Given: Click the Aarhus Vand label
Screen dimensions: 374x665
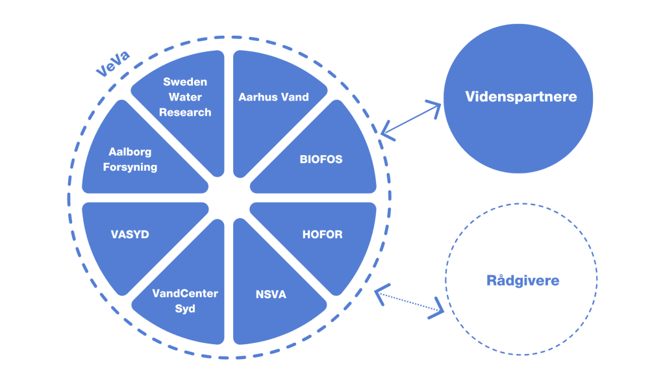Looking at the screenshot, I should click(273, 97).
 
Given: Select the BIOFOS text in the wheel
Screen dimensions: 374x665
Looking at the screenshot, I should click(321, 159).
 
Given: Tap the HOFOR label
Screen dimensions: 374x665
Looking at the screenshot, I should click(322, 234).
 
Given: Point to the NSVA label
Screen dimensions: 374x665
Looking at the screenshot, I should click(271, 295).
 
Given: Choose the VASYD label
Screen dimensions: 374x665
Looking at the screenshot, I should click(130, 234).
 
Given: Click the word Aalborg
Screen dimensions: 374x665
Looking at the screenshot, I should click(130, 152).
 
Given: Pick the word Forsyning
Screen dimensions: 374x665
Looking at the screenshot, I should click(130, 167).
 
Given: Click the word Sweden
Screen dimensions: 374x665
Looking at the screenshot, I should click(185, 82).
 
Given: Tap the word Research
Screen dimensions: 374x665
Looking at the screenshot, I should click(185, 112).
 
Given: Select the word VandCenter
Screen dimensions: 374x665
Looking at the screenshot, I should click(185, 293).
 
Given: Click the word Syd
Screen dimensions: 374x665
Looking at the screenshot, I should click(185, 308).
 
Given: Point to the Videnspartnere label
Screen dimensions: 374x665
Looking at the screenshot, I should click(521, 97).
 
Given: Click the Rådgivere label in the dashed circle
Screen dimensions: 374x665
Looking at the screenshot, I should click(522, 281).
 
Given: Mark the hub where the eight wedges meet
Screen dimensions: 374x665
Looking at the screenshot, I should click(229, 197).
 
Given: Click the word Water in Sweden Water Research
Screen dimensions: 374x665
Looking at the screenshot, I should click(185, 97).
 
